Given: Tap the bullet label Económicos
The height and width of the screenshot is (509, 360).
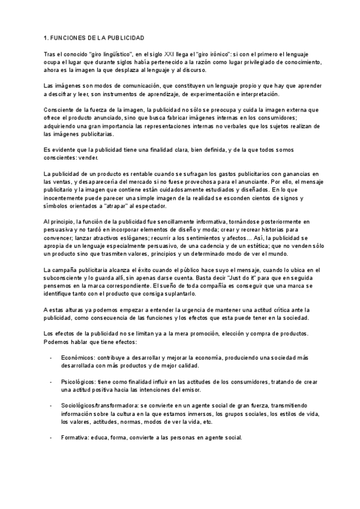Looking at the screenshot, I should tap(79, 358).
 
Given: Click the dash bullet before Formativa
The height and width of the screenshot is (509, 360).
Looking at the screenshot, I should tap(51, 438).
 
